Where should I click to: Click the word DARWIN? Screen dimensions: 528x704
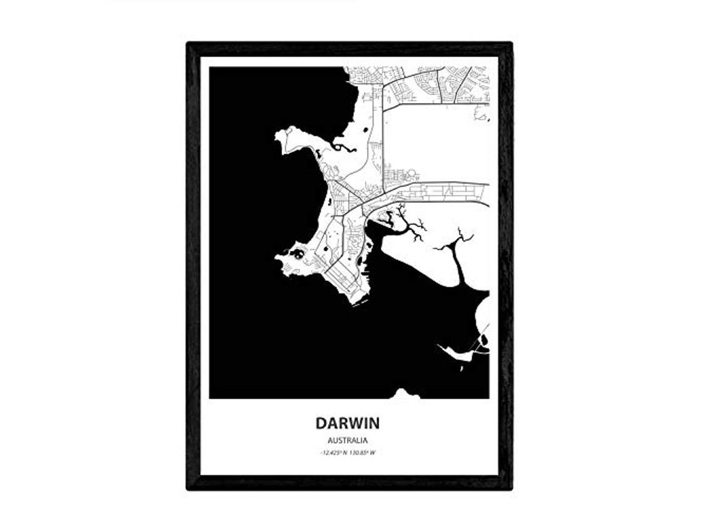[x=348, y=424]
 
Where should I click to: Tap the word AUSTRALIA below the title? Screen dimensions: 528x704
[x=348, y=441]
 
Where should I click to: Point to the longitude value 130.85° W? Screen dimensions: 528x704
[x=364, y=453]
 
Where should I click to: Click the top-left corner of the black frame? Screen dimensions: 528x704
[x=188, y=44]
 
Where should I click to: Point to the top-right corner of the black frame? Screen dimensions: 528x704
[x=511, y=44]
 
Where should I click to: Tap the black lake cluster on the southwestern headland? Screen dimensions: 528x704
[x=297, y=254]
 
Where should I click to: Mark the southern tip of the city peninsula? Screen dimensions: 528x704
[x=358, y=302]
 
